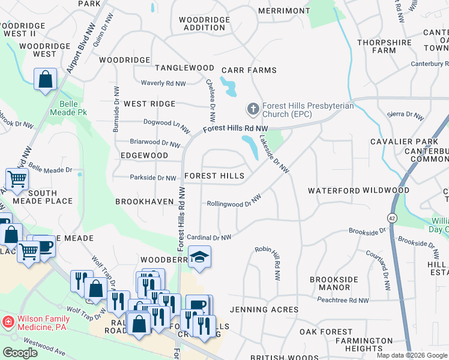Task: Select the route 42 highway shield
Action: pyautogui.click(x=393, y=218)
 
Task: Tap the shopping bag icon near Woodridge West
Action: pyautogui.click(x=45, y=79)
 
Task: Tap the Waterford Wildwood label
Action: pyautogui.click(x=358, y=190)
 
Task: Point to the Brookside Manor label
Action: pyautogui.click(x=334, y=284)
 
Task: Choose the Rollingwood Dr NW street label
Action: pyautogui.click(x=234, y=201)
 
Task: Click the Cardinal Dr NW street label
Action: pyautogui.click(x=209, y=238)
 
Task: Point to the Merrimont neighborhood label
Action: pyautogui.click(x=284, y=11)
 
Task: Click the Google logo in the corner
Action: pyautogui.click(x=20, y=353)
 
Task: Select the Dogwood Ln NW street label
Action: pyautogui.click(x=166, y=125)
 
